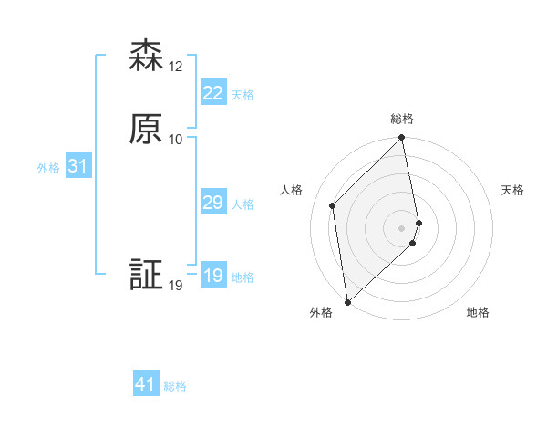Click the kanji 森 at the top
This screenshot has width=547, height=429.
[x=146, y=57]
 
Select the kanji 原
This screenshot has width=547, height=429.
[x=146, y=130]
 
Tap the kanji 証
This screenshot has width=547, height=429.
[x=146, y=276]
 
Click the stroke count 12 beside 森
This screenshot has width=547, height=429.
[x=176, y=67]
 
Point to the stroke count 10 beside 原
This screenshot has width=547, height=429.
[x=176, y=140]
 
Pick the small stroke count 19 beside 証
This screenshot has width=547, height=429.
[x=176, y=286]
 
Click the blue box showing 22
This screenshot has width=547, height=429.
[x=213, y=93]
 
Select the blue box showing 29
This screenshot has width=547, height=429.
[x=213, y=203]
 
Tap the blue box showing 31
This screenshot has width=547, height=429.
[x=77, y=166]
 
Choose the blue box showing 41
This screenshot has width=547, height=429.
[x=146, y=384]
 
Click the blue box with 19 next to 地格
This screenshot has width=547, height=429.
[x=213, y=276]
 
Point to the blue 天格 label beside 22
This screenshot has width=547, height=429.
[x=243, y=95]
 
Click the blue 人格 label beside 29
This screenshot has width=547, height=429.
[x=243, y=204]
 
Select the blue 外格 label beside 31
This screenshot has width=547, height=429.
[x=48, y=168]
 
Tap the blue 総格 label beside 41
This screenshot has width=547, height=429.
[x=175, y=386]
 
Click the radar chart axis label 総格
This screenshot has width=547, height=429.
[x=402, y=119]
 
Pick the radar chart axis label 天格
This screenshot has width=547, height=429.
[x=512, y=190]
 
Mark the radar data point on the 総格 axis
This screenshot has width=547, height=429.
[x=402, y=139]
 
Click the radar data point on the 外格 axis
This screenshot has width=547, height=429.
[x=347, y=301]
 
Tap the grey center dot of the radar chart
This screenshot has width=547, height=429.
[x=402, y=227]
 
